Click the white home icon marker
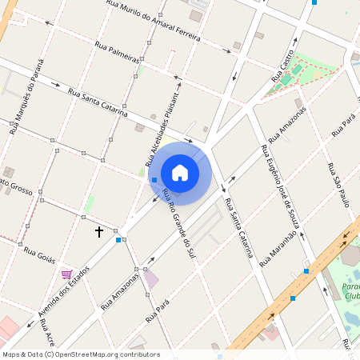coord(180,172)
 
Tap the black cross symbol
coord(99,232)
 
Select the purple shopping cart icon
coord(66,274)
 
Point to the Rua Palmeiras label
coord(117,53)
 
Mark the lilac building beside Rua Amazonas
coord(150,280)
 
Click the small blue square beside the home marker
coord(154,180)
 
